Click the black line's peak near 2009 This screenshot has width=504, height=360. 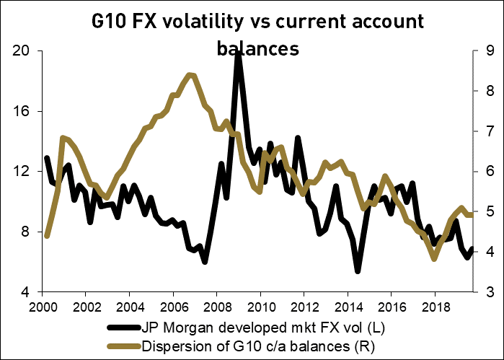pyautogui.click(x=238, y=53)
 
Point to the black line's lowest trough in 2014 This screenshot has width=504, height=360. pyautogui.click(x=358, y=271)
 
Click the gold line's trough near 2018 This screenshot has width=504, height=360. pyautogui.click(x=434, y=258)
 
